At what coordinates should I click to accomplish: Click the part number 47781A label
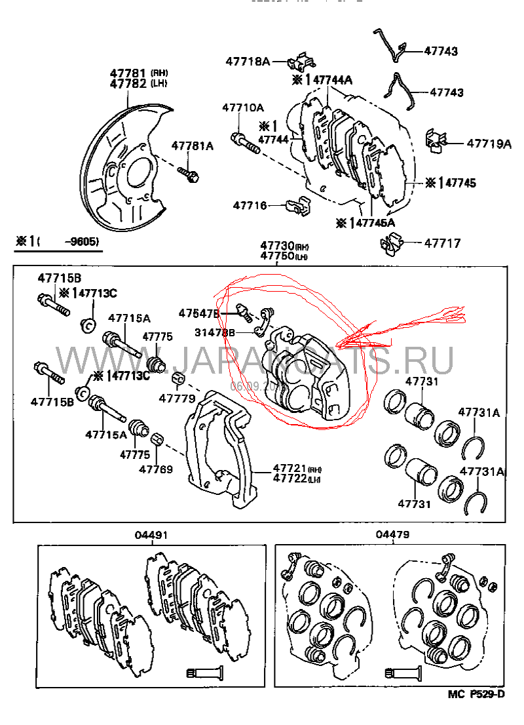193,146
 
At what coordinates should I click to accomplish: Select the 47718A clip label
248,61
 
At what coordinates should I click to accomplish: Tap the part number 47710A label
242,107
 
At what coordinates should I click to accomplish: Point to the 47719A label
488,144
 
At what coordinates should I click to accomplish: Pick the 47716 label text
250,205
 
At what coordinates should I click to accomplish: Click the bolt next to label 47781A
189,174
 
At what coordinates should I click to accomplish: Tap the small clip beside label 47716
297,205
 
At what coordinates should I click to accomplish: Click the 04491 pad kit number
151,536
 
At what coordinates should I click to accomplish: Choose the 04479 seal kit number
392,535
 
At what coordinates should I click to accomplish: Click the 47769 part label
156,469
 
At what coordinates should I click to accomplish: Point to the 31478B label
214,332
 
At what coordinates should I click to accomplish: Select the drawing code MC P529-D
477,694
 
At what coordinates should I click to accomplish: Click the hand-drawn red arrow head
347,342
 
